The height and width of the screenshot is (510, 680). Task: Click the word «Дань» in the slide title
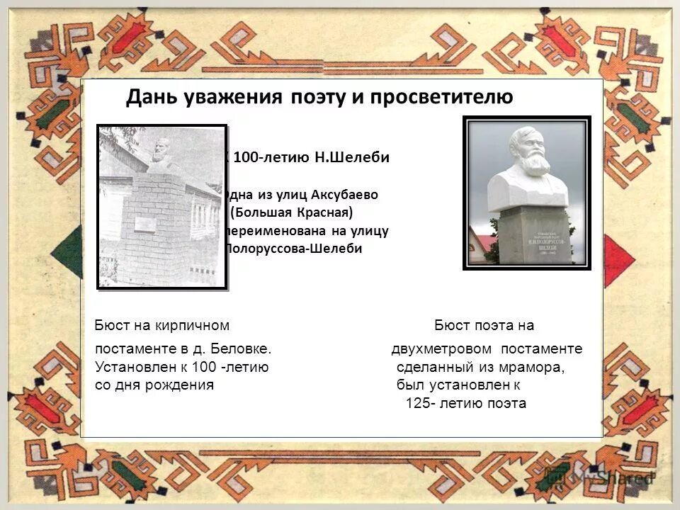(x=148, y=97)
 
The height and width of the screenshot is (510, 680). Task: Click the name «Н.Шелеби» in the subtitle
(x=351, y=157)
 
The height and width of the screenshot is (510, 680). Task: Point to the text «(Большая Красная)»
(x=291, y=212)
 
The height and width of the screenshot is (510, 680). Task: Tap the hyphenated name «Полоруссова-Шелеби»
(x=293, y=249)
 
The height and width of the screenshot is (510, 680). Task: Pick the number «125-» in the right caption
(x=421, y=404)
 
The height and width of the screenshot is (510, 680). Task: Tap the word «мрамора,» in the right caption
(x=530, y=367)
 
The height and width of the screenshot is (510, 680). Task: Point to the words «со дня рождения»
(x=154, y=385)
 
